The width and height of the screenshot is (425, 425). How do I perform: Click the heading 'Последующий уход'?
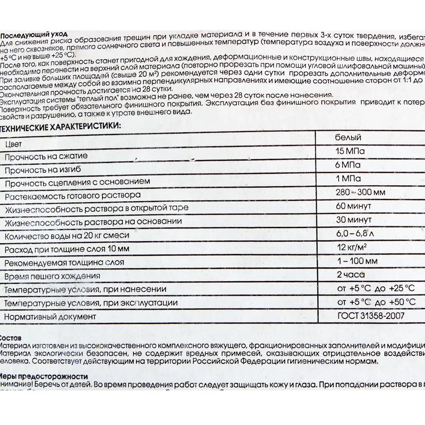(34, 36)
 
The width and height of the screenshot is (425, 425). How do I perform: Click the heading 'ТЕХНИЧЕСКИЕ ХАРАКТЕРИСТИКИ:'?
(60, 126)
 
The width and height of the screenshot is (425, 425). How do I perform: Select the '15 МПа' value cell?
(350, 151)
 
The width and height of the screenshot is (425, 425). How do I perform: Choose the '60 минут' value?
(353, 206)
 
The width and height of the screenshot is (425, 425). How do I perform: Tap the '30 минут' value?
(353, 220)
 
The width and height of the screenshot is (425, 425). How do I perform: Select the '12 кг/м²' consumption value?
(352, 247)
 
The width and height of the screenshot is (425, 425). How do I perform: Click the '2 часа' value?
(351, 275)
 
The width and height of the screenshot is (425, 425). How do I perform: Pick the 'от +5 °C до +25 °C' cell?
(375, 289)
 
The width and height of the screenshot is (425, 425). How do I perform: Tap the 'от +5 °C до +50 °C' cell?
(375, 302)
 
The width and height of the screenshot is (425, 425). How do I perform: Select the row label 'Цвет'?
(14, 144)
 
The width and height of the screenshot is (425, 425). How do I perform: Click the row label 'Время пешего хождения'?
(52, 276)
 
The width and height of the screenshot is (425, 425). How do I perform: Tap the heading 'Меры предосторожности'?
(44, 377)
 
